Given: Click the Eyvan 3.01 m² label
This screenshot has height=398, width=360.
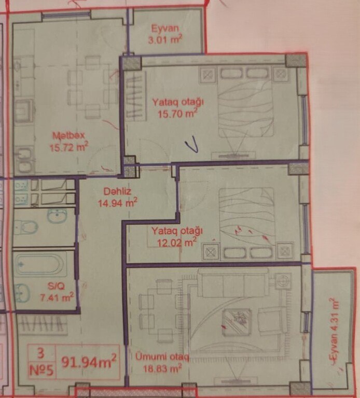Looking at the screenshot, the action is tap(165, 34).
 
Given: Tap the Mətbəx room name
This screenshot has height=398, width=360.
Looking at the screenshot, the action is tap(68, 135).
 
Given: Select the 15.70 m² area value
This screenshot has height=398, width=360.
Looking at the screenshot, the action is tap(177, 113).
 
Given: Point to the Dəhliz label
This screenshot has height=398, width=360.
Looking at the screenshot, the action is tap(117, 191).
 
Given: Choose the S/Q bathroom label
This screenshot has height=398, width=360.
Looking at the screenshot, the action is tap(56, 286).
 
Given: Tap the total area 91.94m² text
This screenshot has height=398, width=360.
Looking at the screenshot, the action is tap(89, 361).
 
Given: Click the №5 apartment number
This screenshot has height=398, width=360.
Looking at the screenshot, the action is tap(41, 371).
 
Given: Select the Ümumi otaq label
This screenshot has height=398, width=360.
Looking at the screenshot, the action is tap(162, 357).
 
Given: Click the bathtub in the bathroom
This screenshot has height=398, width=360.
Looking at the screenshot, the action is tap(41, 264).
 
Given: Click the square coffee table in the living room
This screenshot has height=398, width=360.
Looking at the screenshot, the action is tap(237, 320).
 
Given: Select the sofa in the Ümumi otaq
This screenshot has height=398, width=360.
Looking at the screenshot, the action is tap(233, 282).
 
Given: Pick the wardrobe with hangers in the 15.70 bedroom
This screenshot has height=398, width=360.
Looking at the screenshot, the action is tap(136, 96).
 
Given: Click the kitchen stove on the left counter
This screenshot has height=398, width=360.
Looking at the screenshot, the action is tap(24, 111).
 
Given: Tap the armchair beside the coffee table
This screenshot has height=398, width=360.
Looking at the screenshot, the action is tap(273, 320).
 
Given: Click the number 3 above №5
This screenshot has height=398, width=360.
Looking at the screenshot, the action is tap(40, 353).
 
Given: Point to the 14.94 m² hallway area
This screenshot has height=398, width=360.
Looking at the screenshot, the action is tap(118, 203).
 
